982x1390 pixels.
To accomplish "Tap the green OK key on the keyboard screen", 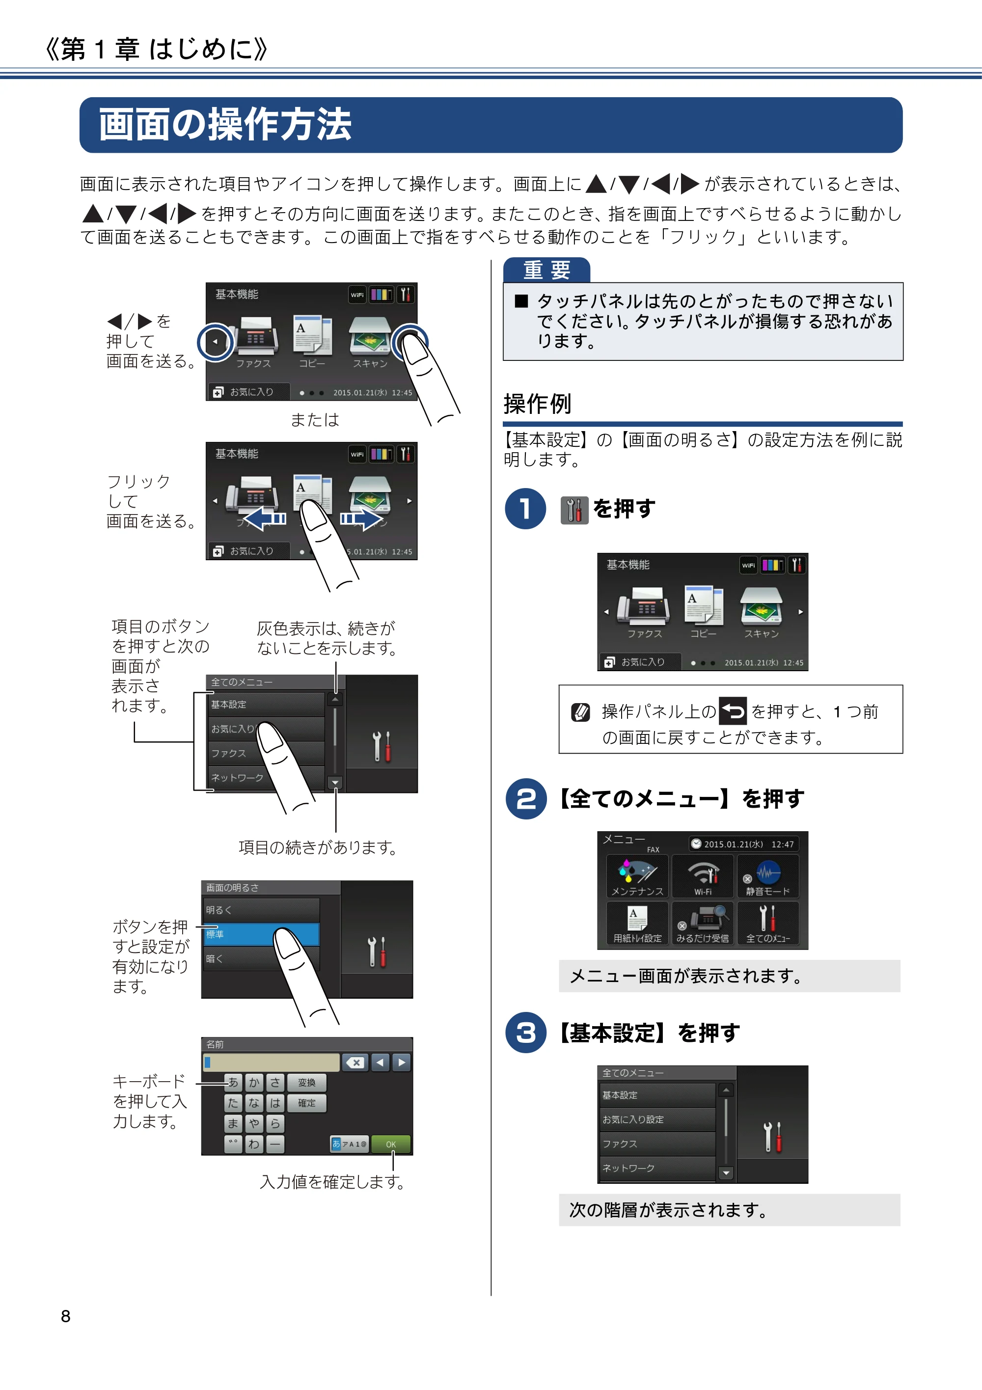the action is pyautogui.click(x=390, y=1144).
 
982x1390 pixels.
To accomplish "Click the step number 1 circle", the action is pyautogui.click(x=525, y=509).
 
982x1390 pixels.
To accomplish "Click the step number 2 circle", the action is pyautogui.click(x=525, y=798).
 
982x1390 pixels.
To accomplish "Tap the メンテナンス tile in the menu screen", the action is pyautogui.click(x=637, y=876).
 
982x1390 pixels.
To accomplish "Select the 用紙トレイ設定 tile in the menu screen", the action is pyautogui.click(x=637, y=923).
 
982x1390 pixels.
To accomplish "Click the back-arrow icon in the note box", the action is pyautogui.click(x=733, y=711).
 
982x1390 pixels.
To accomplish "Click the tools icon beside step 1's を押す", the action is pyautogui.click(x=574, y=510).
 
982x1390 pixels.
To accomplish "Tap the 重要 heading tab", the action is pyautogui.click(x=546, y=270).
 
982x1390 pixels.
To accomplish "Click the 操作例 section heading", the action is pyautogui.click(x=538, y=404).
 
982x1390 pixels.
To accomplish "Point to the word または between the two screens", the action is pyautogui.click(x=314, y=419).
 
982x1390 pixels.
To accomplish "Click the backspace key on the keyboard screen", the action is pyautogui.click(x=355, y=1063).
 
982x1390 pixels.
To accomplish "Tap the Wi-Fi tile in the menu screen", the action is pyautogui.click(x=702, y=876).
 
